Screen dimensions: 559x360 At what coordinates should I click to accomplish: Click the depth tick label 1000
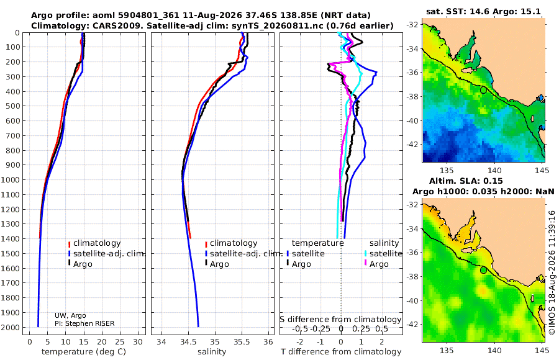[10, 179]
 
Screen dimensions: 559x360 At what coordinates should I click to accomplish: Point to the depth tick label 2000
[10, 327]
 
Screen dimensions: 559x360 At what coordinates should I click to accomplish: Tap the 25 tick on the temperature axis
[120, 342]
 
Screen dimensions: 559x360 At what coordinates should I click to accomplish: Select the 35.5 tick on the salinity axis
[242, 342]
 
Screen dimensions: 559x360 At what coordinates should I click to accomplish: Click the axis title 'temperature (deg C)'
[84, 352]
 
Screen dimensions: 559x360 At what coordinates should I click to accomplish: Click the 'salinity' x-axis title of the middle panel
[212, 352]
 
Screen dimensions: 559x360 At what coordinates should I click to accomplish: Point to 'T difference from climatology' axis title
[341, 352]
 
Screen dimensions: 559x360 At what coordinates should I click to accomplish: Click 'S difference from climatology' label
[341, 319]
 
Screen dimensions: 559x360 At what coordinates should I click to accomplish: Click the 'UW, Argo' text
[70, 315]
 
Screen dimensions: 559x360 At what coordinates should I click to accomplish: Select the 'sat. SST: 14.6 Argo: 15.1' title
[483, 11]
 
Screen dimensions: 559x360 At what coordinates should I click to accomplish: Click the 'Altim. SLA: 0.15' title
[466, 181]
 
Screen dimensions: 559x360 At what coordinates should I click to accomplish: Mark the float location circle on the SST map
[483, 90]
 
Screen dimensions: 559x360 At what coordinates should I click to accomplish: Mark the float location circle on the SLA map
[483, 270]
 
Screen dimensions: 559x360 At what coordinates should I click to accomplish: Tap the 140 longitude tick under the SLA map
[494, 350]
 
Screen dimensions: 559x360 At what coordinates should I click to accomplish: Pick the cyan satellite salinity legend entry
[383, 253]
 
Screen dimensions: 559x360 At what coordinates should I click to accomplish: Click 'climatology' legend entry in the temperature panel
[94, 243]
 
